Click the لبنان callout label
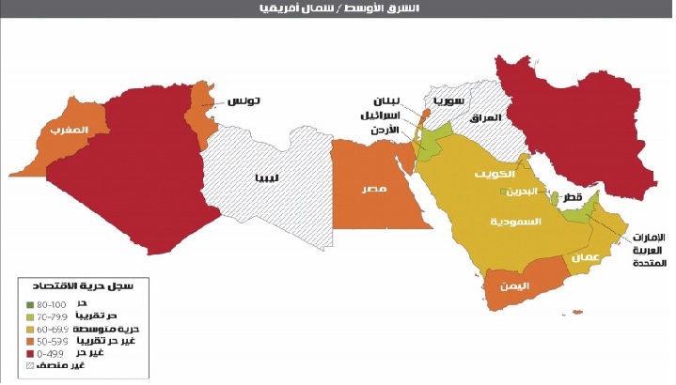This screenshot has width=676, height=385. pos(386,100)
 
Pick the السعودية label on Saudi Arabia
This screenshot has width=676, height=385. pos(516,223)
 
